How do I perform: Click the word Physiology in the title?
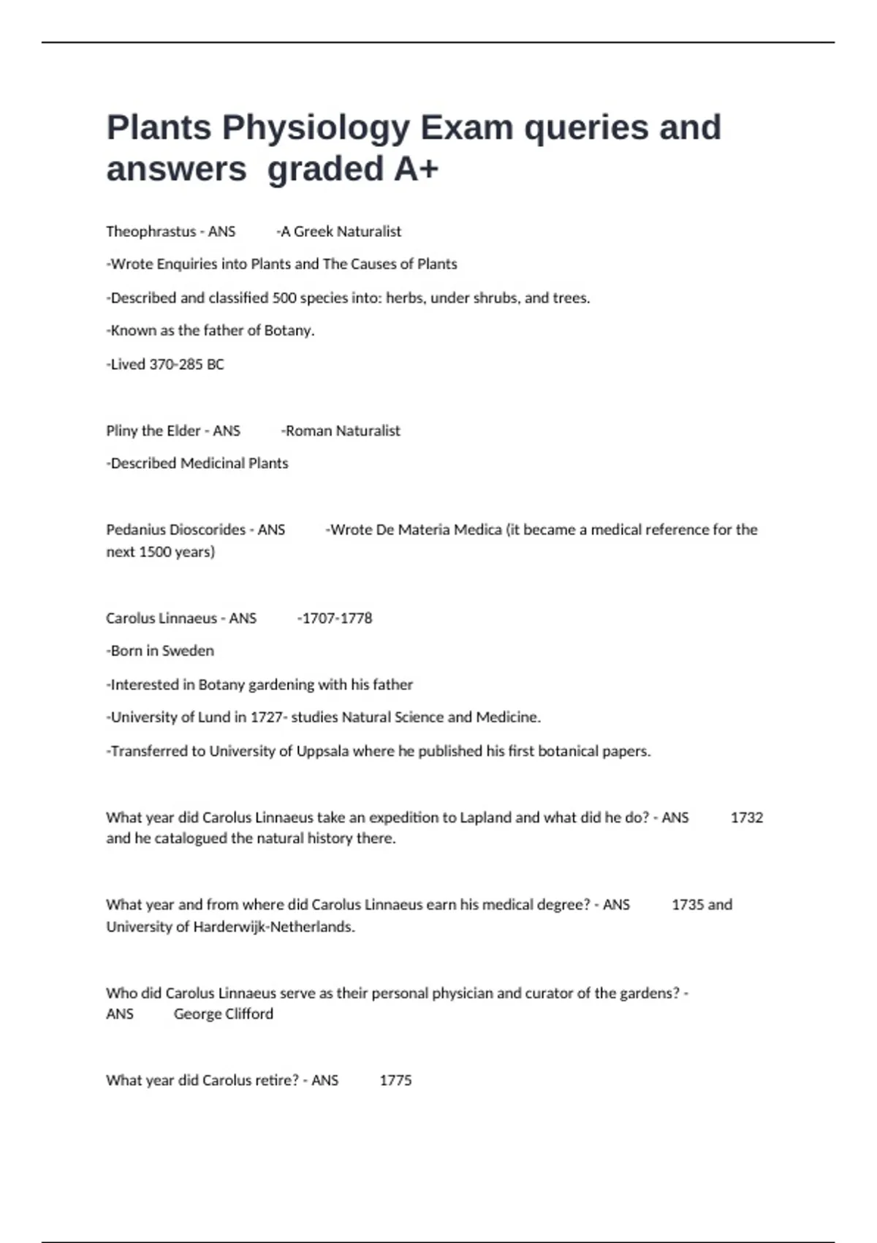(316, 128)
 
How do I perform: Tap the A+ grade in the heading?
(416, 170)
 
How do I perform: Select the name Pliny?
(121, 431)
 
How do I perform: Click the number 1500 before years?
(154, 552)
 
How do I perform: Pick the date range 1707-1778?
(337, 619)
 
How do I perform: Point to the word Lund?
(214, 717)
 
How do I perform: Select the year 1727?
(266, 717)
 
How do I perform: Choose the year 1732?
(746, 817)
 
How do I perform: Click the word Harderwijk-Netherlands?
(273, 927)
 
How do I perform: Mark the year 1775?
(395, 1081)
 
